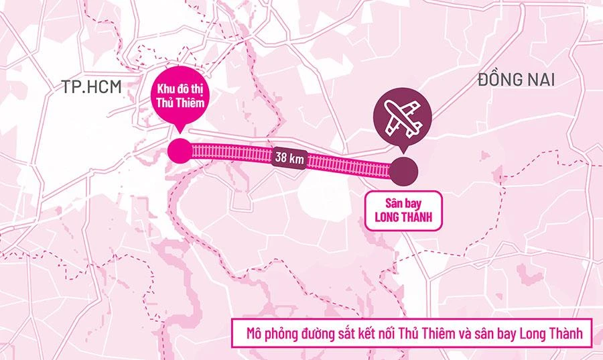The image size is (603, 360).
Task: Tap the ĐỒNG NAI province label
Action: coord(517,81)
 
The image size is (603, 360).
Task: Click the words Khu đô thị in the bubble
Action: coord(178,89)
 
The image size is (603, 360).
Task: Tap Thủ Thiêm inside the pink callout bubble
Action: coord(178,103)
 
